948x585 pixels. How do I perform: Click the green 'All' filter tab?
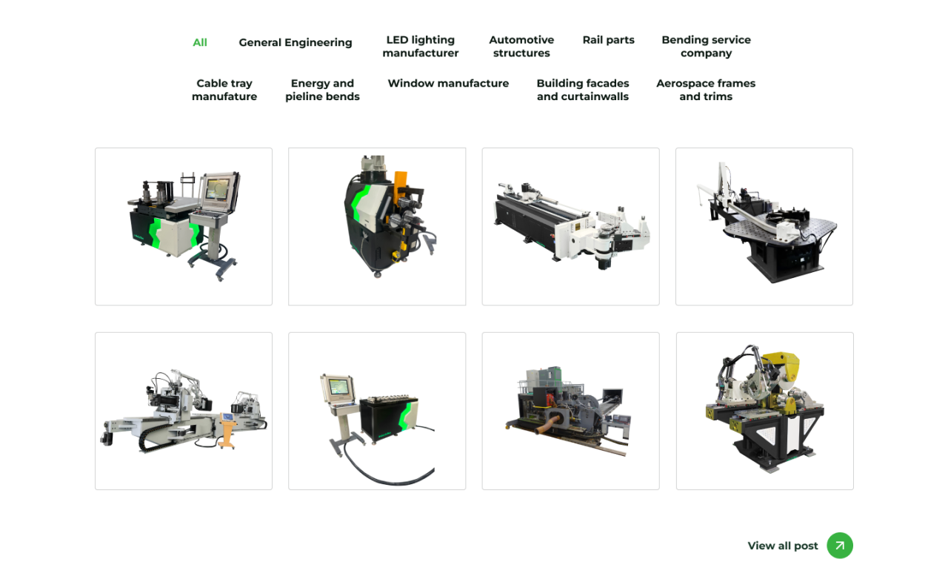(x=200, y=43)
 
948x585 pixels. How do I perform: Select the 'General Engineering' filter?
(x=295, y=43)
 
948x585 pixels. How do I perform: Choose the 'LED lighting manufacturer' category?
(x=420, y=47)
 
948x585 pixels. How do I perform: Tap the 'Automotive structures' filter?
(x=521, y=47)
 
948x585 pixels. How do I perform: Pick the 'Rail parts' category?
(x=608, y=40)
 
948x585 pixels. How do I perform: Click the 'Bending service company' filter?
(x=706, y=47)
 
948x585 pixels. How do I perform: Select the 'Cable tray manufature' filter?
(x=224, y=90)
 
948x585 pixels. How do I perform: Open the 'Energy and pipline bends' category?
(x=322, y=90)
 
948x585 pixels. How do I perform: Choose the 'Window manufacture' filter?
(x=448, y=84)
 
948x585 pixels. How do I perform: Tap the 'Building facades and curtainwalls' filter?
(x=583, y=90)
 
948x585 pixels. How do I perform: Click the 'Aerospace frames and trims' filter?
(x=706, y=90)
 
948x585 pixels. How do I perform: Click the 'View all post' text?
(x=783, y=546)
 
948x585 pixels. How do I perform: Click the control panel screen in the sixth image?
(x=338, y=387)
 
